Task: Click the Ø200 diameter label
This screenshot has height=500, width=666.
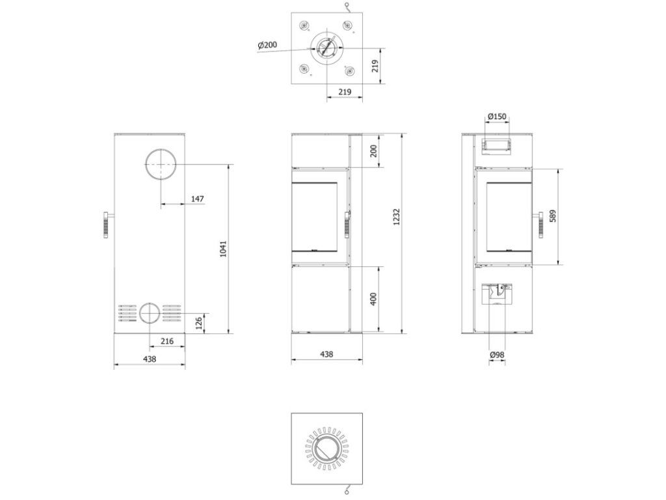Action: pyautogui.click(x=267, y=44)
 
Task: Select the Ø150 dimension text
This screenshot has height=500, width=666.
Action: pyautogui.click(x=497, y=116)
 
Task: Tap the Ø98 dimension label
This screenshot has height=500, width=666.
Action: pyautogui.click(x=497, y=354)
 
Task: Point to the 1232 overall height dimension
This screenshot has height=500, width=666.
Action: pyautogui.click(x=396, y=217)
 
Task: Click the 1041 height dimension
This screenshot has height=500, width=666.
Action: pyautogui.click(x=224, y=249)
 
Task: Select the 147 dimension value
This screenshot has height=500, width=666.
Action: pyautogui.click(x=198, y=199)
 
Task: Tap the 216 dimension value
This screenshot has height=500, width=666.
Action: pyautogui.click(x=167, y=341)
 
